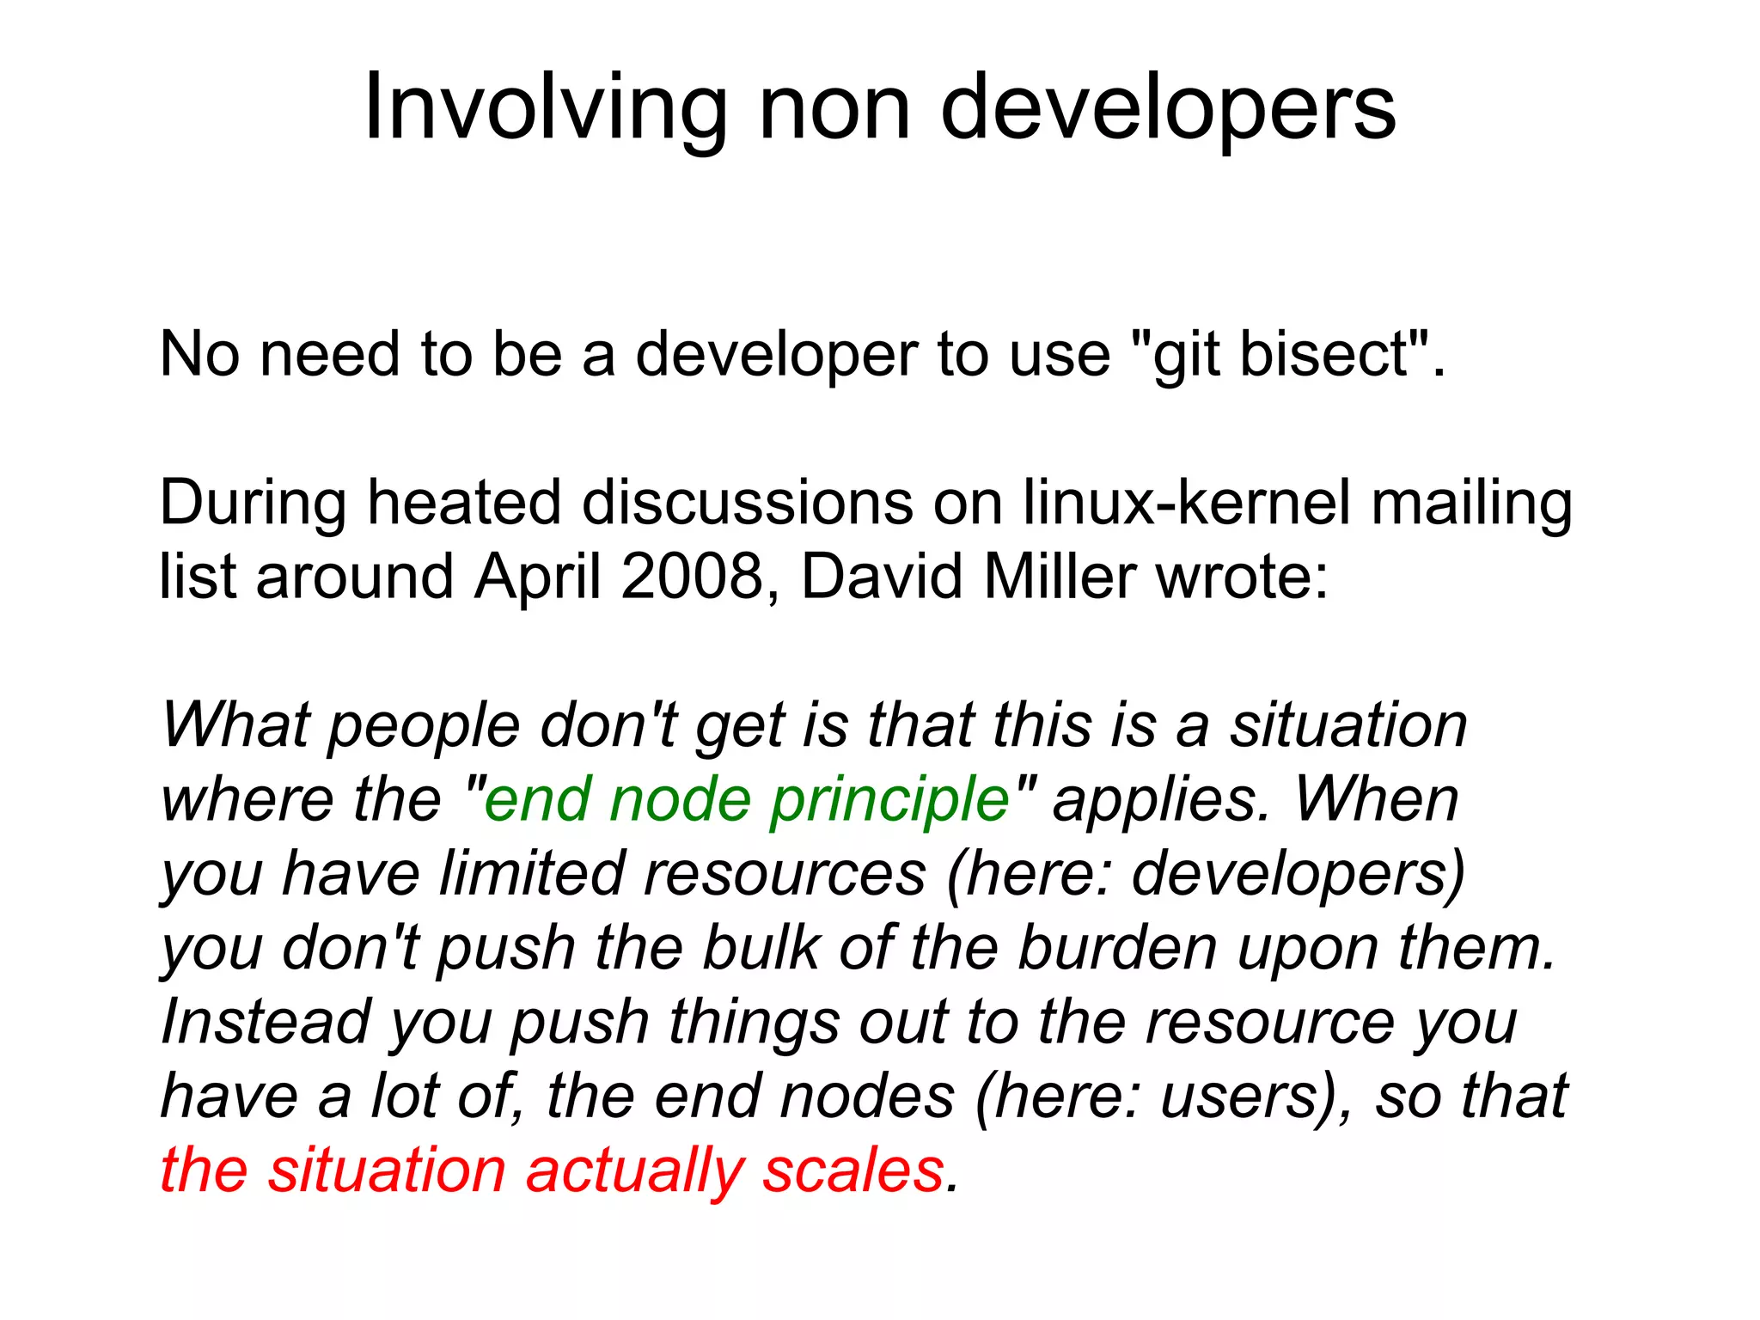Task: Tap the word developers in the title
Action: tap(1168, 108)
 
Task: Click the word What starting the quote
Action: tap(235, 725)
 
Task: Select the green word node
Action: tap(679, 799)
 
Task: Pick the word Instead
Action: tap(266, 1023)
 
